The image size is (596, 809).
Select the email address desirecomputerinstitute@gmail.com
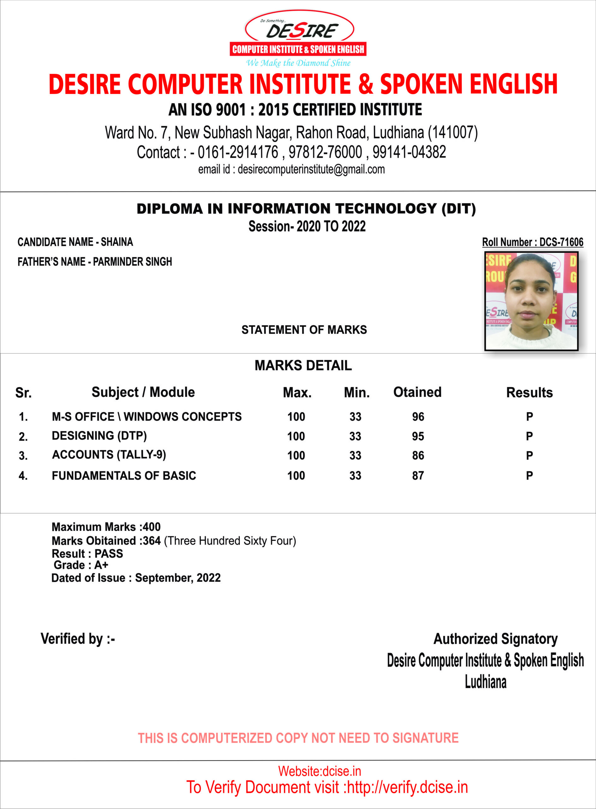pyautogui.click(x=311, y=169)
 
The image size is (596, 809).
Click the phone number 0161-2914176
pyautogui.click(x=238, y=152)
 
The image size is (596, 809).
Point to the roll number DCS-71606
pyautogui.click(x=561, y=242)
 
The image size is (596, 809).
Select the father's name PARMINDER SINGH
pyautogui.click(x=132, y=262)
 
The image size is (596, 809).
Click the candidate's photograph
pyautogui.click(x=531, y=301)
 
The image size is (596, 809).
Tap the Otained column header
pyautogui.click(x=417, y=392)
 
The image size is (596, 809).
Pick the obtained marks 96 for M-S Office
pyautogui.click(x=418, y=417)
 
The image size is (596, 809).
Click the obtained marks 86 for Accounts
pyautogui.click(x=418, y=455)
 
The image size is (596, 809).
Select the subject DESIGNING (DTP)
pyautogui.click(x=99, y=436)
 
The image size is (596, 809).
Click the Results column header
pyautogui.click(x=529, y=392)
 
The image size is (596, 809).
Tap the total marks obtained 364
pyautogui.click(x=152, y=541)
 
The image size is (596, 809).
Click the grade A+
pyautogui.click(x=101, y=565)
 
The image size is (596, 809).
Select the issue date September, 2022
pyautogui.click(x=177, y=578)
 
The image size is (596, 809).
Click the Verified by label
pyautogui.click(x=78, y=639)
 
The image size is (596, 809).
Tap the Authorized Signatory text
pyautogui.click(x=495, y=639)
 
